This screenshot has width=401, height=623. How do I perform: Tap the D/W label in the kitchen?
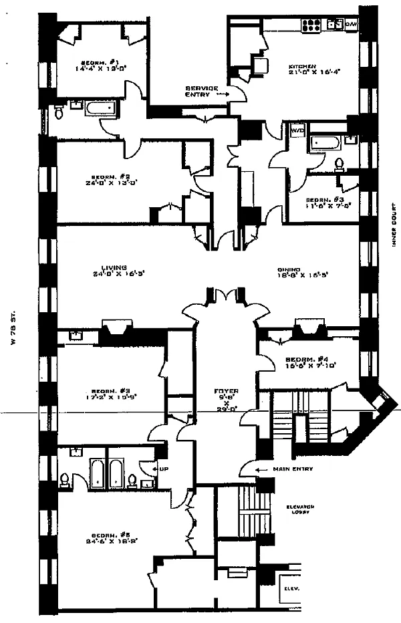point(352,25)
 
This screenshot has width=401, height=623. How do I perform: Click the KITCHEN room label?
point(300,67)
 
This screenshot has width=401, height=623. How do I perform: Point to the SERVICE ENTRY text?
point(201,91)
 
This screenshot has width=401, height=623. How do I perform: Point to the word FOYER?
point(222,390)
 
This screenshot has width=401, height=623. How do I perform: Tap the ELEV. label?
point(290,588)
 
